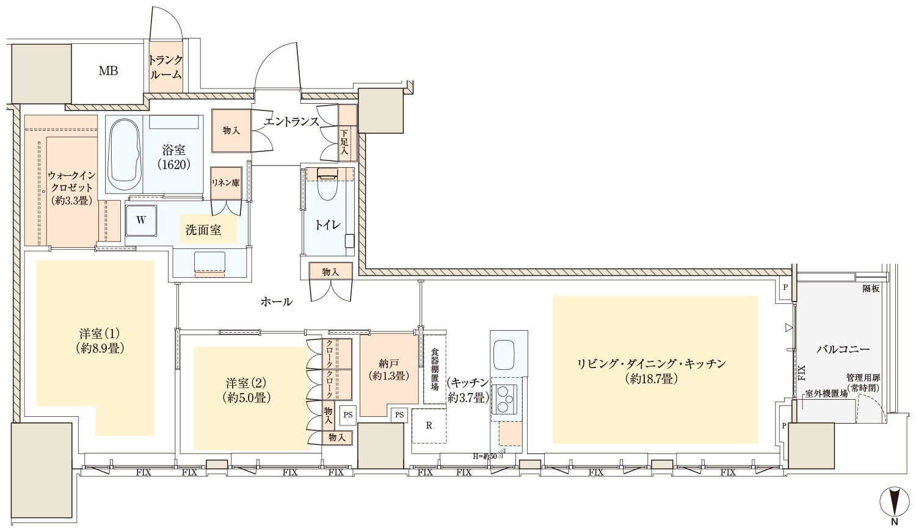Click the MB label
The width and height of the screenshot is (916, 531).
click(108, 71)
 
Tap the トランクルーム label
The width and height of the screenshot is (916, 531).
click(165, 68)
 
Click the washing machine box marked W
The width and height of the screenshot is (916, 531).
click(141, 220)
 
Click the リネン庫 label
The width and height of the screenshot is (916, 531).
click(225, 182)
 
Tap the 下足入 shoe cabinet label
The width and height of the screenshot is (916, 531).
click(344, 142)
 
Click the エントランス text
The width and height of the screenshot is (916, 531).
click(291, 121)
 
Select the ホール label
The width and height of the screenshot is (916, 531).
click(277, 302)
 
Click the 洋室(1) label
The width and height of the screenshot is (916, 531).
click(100, 341)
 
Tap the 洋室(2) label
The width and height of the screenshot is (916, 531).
click(247, 390)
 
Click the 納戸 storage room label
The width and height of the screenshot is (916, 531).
click(388, 369)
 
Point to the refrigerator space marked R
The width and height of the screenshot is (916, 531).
click(429, 425)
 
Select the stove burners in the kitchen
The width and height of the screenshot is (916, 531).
click(504, 399)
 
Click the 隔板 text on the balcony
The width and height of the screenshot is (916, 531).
click(871, 289)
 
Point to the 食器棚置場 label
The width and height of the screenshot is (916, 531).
click(434, 369)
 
